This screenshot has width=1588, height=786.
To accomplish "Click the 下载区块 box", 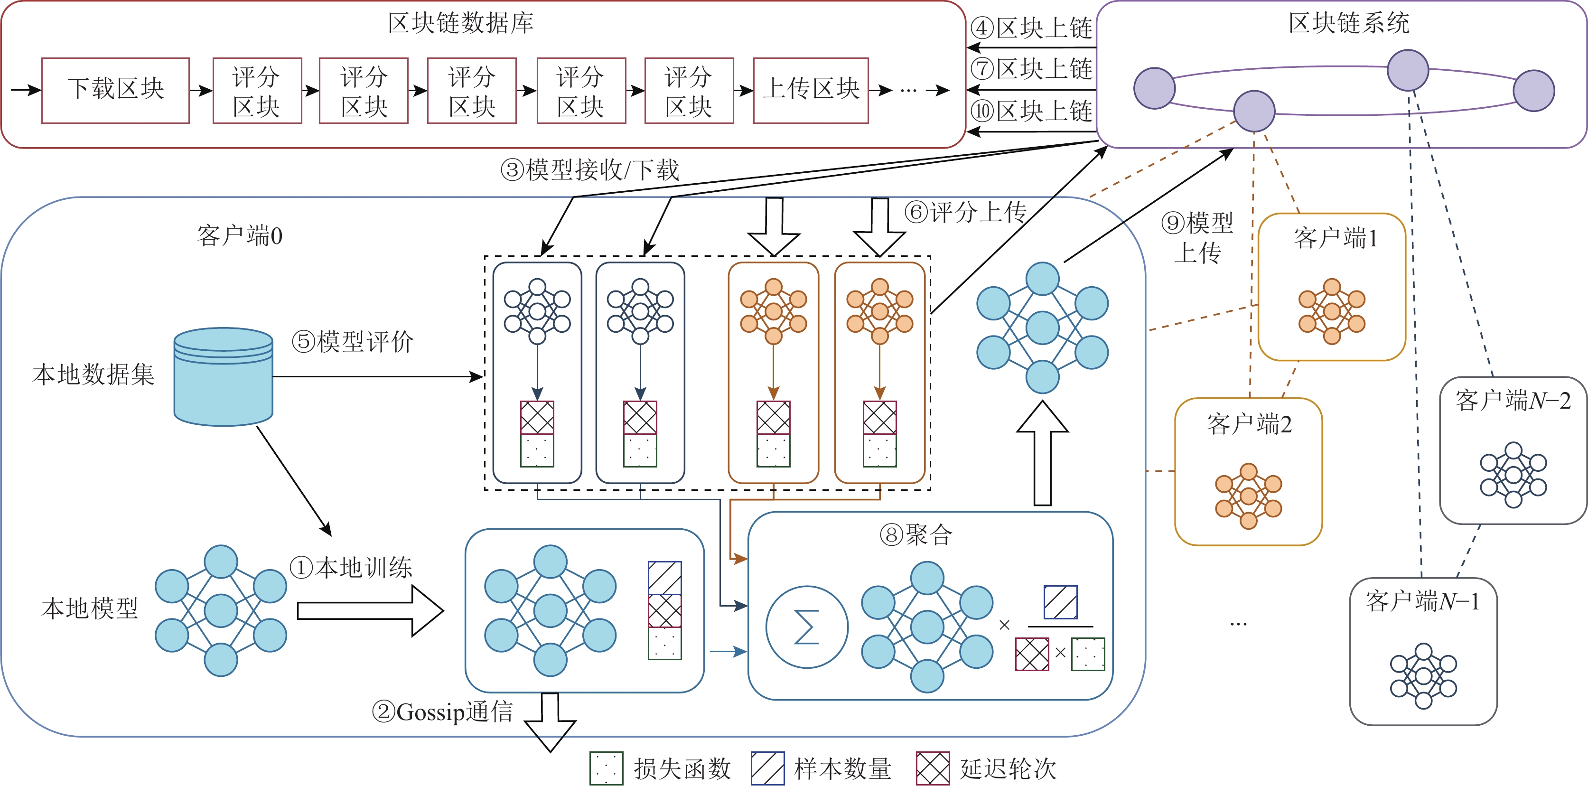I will pos(115,90).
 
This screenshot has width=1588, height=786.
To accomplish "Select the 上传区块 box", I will pos(811,90).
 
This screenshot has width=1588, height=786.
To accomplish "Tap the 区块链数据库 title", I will pos(460,23).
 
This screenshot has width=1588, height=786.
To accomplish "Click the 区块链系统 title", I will pos(1348,23).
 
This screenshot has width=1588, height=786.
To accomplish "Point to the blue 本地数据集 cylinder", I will pos(223,377).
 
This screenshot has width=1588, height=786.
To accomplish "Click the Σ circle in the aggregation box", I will pos(806,627).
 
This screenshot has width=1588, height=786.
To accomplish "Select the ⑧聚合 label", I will pos(916,534).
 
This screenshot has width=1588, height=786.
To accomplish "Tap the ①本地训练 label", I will pos(351,567).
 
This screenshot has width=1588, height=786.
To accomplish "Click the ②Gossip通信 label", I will pos(442,712).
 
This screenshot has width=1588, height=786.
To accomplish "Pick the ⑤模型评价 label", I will pos(352,341).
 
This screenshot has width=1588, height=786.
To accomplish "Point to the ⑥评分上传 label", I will pos(965,212).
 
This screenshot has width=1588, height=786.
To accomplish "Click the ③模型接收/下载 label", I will pos(589,169).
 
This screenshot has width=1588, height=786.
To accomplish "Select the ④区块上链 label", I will pos(1031,28).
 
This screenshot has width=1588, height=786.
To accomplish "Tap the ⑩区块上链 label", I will pos(1031,111).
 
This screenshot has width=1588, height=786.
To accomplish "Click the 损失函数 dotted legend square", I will pos(606,768).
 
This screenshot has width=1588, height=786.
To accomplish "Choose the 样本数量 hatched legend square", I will pos(767,768).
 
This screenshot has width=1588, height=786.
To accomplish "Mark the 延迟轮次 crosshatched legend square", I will pos(932,768).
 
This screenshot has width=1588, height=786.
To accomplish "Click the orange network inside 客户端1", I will pos(1332,311).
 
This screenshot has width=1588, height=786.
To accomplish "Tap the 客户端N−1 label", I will pos(1422,601).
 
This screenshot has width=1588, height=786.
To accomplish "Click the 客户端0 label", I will pos(240,235).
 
